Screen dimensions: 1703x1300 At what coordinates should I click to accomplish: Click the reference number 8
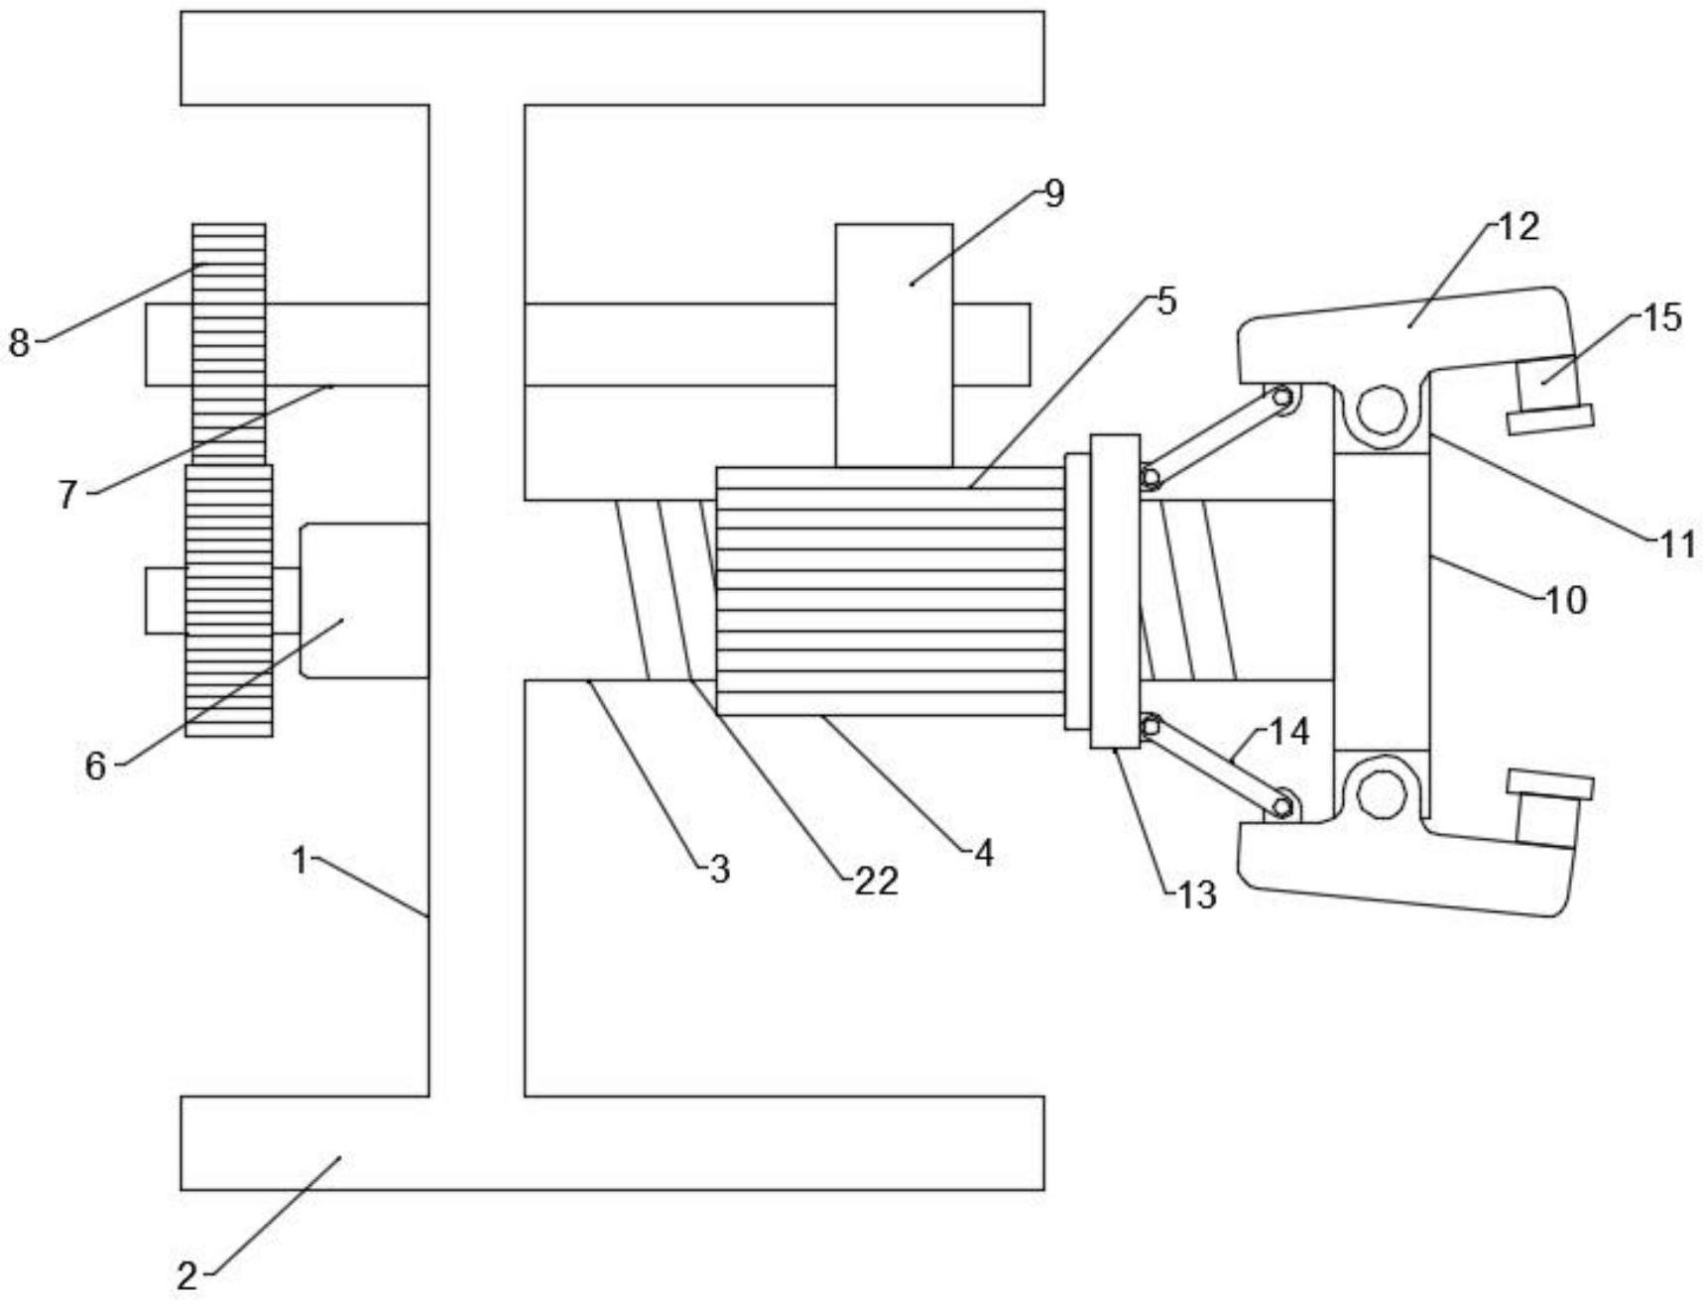click(x=19, y=343)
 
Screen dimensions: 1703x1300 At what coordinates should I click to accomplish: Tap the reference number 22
click(x=877, y=881)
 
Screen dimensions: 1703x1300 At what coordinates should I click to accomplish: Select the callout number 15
click(x=1662, y=317)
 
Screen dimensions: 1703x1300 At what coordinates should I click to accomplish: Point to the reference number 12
click(x=1519, y=227)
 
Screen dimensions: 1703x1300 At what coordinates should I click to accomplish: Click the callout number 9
click(x=1054, y=193)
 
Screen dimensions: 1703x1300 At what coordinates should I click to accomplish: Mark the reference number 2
click(x=187, y=1274)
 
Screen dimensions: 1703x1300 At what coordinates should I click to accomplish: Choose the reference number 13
click(x=1196, y=895)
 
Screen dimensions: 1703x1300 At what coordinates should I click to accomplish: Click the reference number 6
click(x=95, y=766)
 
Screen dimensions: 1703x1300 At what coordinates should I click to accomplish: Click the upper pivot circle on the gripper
click(x=1382, y=409)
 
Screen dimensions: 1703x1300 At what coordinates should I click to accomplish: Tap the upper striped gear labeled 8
click(x=229, y=344)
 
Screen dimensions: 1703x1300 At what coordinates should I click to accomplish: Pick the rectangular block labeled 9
click(x=894, y=345)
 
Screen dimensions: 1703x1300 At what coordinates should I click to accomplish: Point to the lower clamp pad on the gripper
click(x=1550, y=808)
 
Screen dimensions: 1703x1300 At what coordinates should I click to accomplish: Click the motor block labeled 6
click(x=364, y=601)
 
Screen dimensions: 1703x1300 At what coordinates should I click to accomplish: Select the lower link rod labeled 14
click(x=1216, y=765)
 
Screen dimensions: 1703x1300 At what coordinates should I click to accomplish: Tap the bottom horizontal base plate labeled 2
click(x=612, y=1142)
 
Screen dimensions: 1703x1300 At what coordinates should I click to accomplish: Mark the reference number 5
click(x=1166, y=300)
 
